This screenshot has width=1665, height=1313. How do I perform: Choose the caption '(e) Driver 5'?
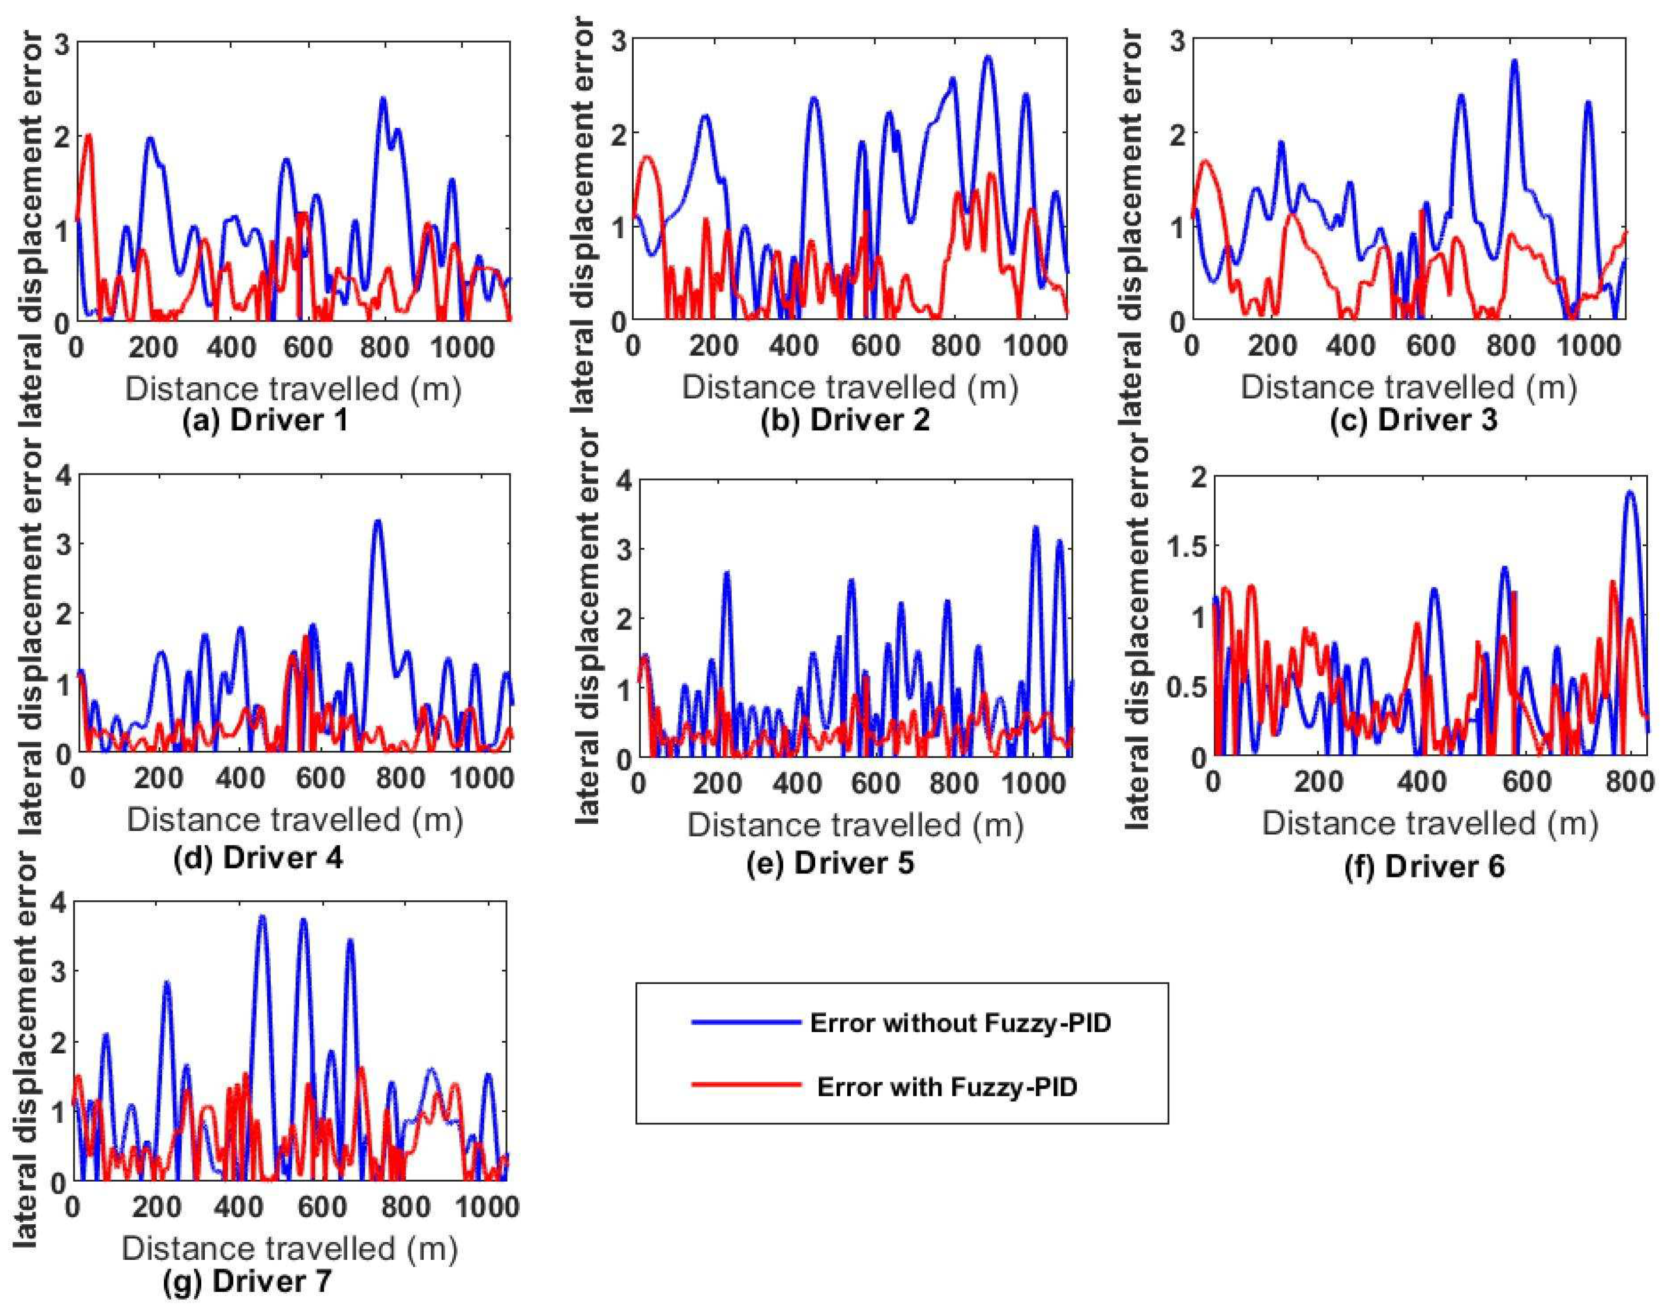click(x=830, y=863)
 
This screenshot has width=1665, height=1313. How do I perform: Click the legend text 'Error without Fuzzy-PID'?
click(x=960, y=1023)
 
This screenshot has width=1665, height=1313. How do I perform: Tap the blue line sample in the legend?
click(x=746, y=1023)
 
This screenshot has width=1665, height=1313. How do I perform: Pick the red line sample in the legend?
click(x=746, y=1085)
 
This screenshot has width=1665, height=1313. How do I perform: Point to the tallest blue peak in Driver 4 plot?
click(x=377, y=522)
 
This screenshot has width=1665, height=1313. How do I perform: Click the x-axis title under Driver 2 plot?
click(x=849, y=387)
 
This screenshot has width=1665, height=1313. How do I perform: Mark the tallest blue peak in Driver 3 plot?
click(x=1514, y=61)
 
